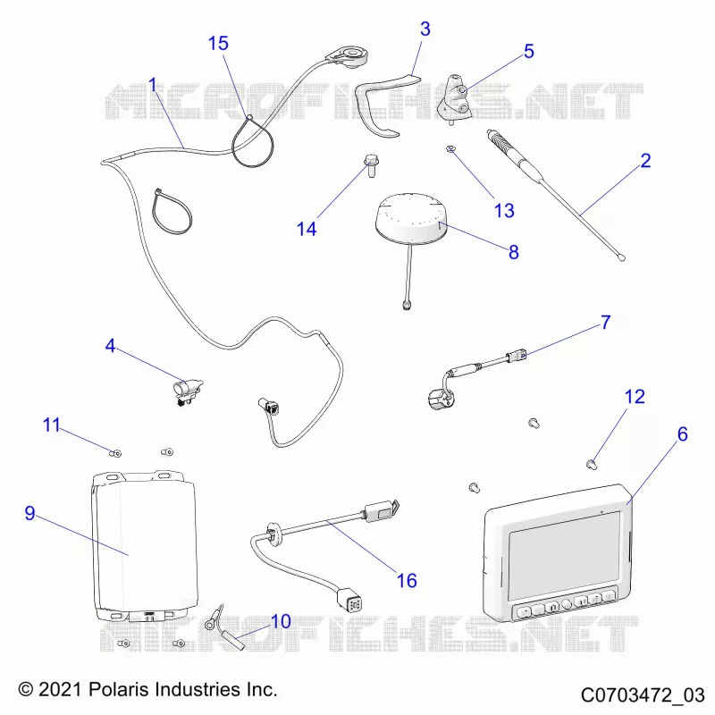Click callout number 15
click(x=218, y=43)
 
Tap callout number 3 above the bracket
click(x=425, y=29)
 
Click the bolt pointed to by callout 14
click(x=370, y=166)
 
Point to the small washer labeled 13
click(x=450, y=148)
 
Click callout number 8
click(x=513, y=252)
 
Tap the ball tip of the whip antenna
click(x=621, y=258)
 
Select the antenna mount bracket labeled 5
click(x=455, y=99)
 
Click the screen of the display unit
click(x=565, y=555)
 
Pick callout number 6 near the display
click(x=682, y=434)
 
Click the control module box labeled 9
click(x=145, y=545)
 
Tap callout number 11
click(x=52, y=425)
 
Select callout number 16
click(x=407, y=580)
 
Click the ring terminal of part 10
click(x=210, y=623)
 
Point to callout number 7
click(x=606, y=323)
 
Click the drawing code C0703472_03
click(x=643, y=695)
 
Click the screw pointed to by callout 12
click(x=592, y=464)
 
